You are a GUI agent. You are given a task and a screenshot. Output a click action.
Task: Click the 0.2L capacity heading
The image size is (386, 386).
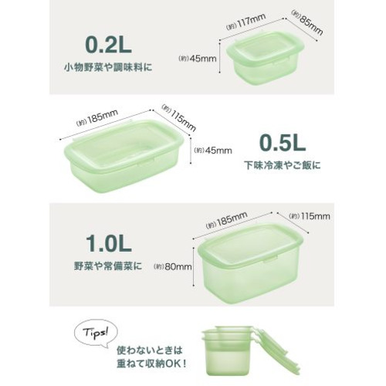tap(108, 45)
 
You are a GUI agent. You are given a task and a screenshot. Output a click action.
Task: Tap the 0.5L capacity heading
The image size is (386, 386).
tap(283, 142)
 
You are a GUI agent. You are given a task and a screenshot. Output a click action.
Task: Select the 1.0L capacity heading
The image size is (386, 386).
tap(109, 243)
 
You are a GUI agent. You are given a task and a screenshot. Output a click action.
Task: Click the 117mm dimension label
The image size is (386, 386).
tap(245, 22)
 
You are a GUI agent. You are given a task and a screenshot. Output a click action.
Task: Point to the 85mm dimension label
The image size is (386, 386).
tap(307, 22)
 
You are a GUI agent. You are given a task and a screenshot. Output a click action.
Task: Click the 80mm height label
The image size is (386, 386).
tap(173, 266)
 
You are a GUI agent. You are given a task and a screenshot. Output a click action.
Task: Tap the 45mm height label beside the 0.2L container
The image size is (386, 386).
tap(198, 59)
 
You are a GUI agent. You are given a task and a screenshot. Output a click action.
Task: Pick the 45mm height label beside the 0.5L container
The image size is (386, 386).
tap(213, 151)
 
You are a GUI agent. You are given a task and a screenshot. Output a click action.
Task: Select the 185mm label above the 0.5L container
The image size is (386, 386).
tap(97, 118)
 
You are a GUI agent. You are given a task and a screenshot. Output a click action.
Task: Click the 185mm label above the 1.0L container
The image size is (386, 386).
tap(227, 220)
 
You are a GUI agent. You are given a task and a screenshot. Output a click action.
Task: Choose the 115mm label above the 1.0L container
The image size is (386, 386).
tap(310, 216)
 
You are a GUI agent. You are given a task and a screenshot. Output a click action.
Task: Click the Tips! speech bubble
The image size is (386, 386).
tap(96, 334)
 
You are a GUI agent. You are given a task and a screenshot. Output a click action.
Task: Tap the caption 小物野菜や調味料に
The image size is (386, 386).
tap(108, 67)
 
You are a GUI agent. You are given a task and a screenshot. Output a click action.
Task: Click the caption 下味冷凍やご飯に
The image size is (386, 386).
tap(283, 165)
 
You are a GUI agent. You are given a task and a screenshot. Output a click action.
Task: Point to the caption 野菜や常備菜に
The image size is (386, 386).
tap(108, 266)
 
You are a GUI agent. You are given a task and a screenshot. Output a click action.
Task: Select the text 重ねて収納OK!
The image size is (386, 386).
tap(151, 364)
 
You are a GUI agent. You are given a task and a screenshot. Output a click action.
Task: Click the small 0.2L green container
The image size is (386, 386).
tap(265, 58)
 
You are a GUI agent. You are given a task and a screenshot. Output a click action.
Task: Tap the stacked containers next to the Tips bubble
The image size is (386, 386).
tap(249, 354)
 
